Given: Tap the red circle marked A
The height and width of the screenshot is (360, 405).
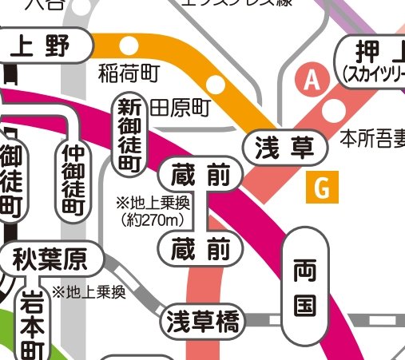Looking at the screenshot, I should click(x=311, y=80).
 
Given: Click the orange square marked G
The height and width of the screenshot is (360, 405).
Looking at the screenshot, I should click(x=322, y=188).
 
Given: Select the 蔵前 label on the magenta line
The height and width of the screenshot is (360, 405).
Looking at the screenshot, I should click(x=200, y=174).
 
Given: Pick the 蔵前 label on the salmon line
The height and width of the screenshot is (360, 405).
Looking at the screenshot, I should click(x=200, y=250).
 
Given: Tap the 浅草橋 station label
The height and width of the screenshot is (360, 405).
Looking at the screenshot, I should click(x=202, y=322).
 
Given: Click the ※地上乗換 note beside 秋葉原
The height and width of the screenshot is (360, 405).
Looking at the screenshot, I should click(x=89, y=292).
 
